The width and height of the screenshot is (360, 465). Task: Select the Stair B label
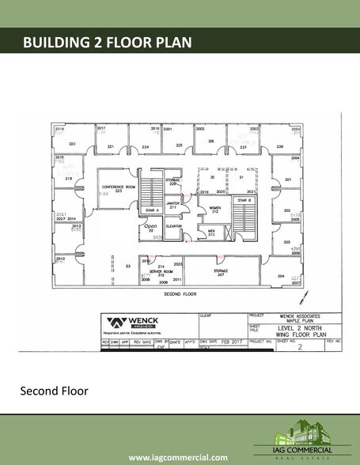(x=243, y=201)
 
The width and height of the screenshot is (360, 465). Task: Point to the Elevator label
(x=173, y=226)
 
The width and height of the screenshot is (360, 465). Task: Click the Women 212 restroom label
(x=214, y=209)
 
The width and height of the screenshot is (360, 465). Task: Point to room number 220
(x=71, y=143)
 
